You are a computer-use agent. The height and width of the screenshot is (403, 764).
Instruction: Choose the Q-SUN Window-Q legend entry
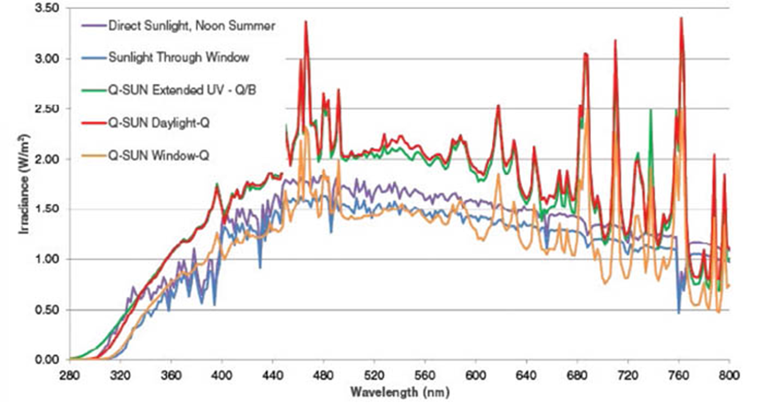155,154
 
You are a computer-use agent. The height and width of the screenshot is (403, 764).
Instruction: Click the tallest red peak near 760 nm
681,18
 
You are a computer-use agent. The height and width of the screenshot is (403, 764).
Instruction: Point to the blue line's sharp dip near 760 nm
678,312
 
